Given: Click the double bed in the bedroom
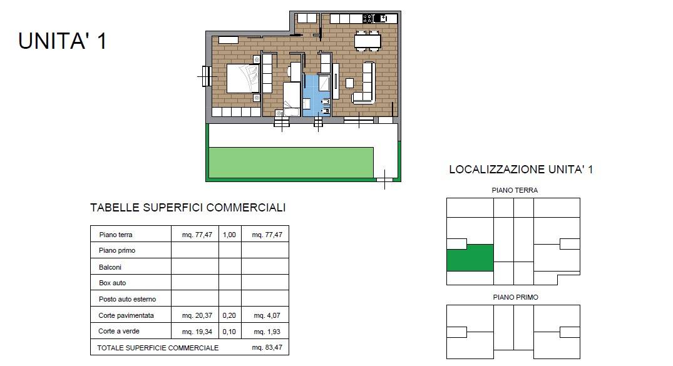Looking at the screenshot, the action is pos(243,78).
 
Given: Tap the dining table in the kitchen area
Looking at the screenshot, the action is pos(367,41).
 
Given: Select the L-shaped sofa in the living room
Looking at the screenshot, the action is pos(364,84).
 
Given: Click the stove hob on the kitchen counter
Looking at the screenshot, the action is pos(368,18).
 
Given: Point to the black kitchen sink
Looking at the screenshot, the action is pos(380,18).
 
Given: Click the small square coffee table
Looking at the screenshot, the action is pos(349,83).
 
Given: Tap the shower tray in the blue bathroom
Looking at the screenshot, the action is pos(324,83).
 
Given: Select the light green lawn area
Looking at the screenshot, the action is pos(291,162).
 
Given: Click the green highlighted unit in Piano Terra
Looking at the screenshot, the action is pos(470,257).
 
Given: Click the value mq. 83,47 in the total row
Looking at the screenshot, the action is pos(267,347).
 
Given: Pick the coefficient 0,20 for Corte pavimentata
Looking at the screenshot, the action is pos(229,315).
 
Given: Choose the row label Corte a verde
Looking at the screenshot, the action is pos(119,331).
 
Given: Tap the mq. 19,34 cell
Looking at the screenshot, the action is pos(197,332).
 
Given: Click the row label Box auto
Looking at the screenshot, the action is pos(113,283).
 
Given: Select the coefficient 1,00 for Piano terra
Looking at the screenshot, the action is pos(229,235).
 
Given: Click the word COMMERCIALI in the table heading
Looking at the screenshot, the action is pos(246,208).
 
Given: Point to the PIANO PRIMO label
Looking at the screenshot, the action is pos(515,297).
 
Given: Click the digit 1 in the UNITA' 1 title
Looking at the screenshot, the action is pos(101,41).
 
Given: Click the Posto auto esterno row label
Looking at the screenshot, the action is pos(128,299).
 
